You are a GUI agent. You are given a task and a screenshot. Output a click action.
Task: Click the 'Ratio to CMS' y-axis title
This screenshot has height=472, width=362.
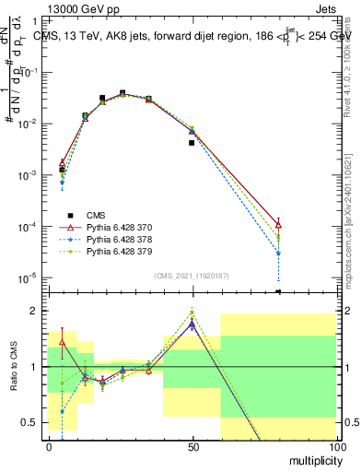click(x=13, y=367)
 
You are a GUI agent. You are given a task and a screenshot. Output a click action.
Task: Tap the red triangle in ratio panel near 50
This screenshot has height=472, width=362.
click(x=192, y=324)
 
